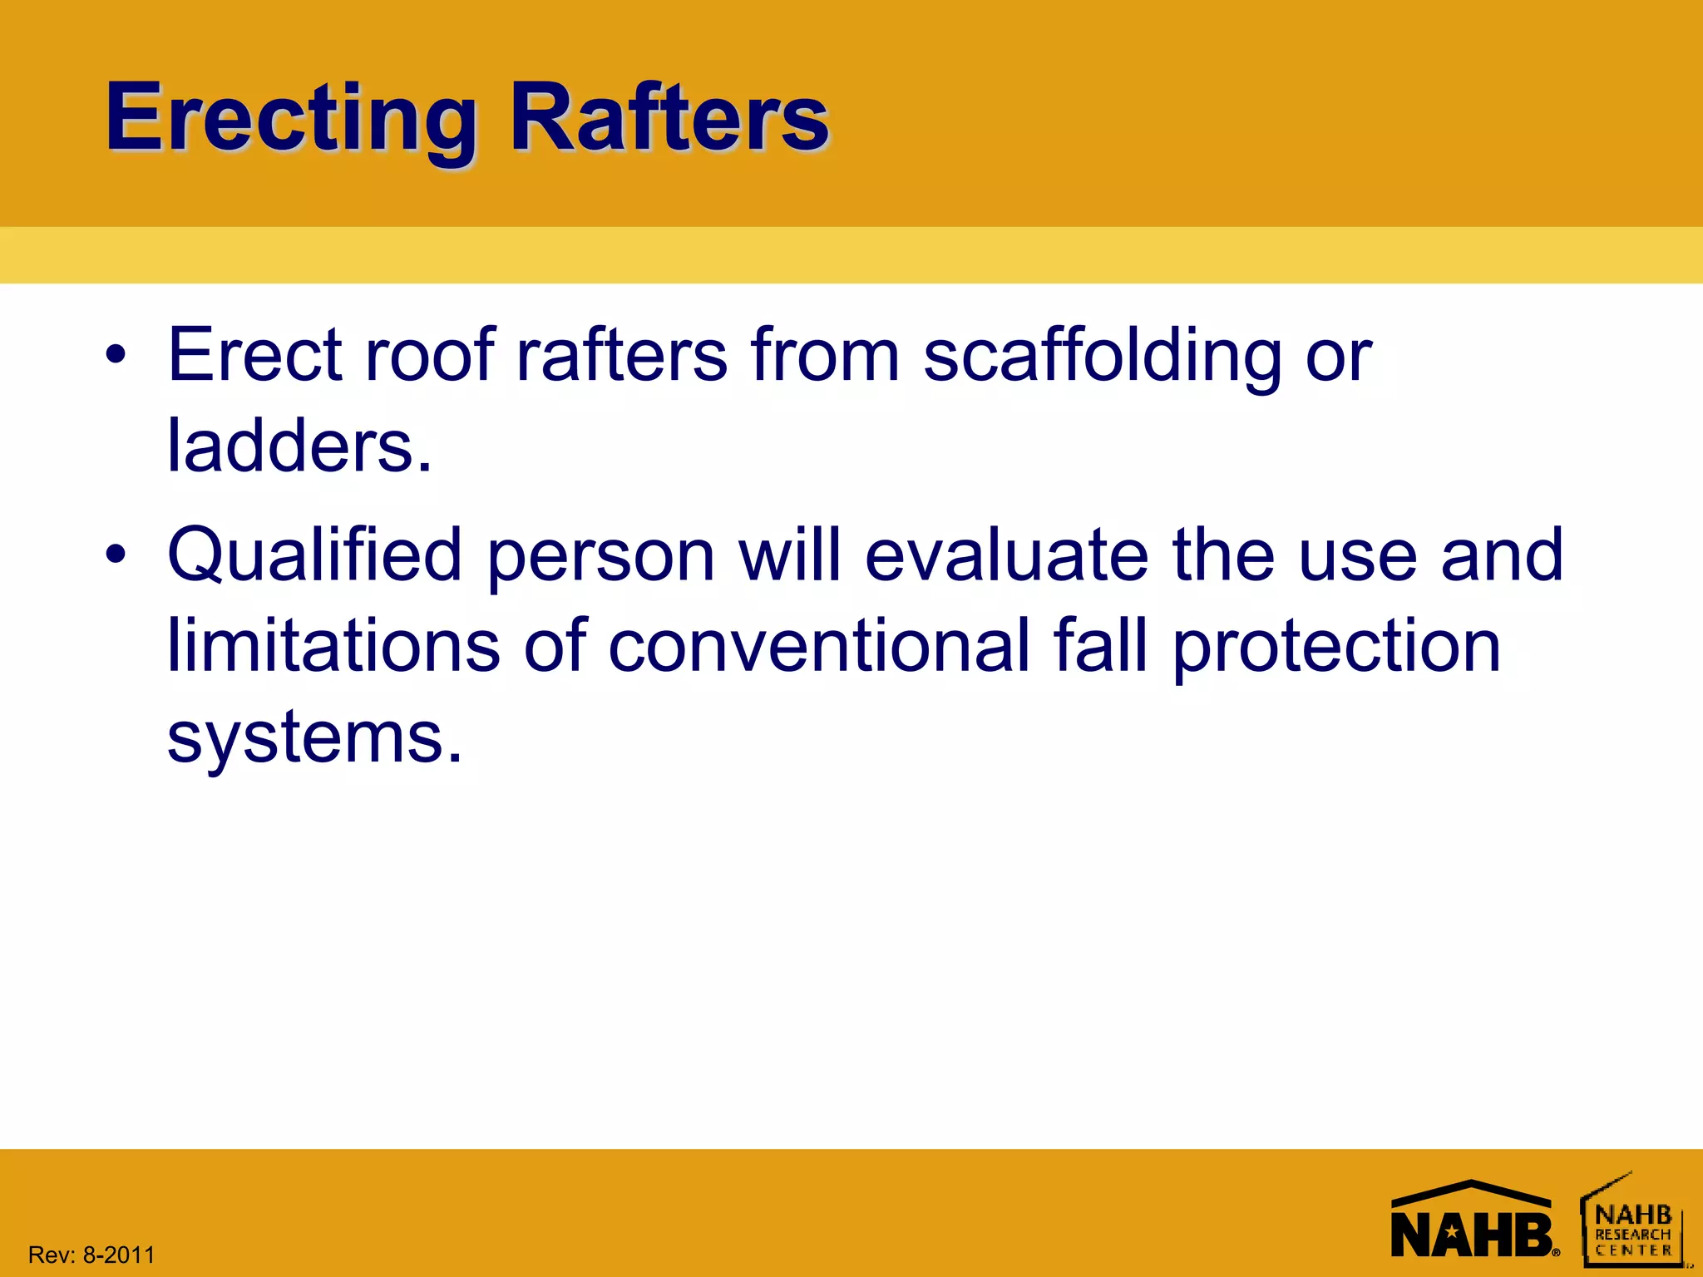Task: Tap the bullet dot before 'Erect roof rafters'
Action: pyautogui.click(x=116, y=357)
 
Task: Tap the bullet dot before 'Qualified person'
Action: pyautogui.click(x=116, y=555)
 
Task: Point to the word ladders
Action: pyautogui.click(x=299, y=446)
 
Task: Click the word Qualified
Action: pyautogui.click(x=314, y=556)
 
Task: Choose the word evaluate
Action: pyautogui.click(x=1006, y=555)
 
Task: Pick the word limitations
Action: pyautogui.click(x=333, y=646)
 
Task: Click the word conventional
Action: pyautogui.click(x=819, y=646)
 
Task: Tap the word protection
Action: pyautogui.click(x=1336, y=648)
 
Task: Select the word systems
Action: pyautogui.click(x=314, y=737)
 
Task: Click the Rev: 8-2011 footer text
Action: pyautogui.click(x=91, y=1255)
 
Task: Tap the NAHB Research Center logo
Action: pyautogui.click(x=1632, y=1222)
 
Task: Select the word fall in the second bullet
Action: pyautogui.click(x=1100, y=646)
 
